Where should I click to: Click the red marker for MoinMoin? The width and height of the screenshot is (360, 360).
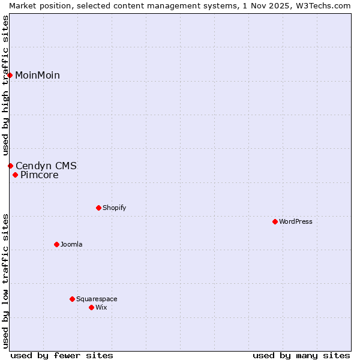tap(10, 75)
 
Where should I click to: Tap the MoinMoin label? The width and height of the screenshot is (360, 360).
tap(37, 76)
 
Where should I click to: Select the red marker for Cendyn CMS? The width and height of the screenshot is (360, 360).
tap(10, 166)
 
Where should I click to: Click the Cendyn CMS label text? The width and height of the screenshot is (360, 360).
tap(46, 166)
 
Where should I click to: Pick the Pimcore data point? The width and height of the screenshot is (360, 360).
tap(15, 175)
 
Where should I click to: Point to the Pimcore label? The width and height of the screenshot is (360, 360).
tap(39, 176)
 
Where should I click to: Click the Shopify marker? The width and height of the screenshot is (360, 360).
tap(98, 208)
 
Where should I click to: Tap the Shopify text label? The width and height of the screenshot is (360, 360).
tap(114, 208)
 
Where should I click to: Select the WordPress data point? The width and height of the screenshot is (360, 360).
tap(275, 221)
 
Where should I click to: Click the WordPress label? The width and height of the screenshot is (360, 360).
tap(295, 222)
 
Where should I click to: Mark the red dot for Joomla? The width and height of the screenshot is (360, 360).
tap(56, 244)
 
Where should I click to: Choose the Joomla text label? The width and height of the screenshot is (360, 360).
tap(71, 245)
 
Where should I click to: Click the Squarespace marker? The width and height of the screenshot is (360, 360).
tap(72, 299)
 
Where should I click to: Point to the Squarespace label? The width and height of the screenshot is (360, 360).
tap(97, 299)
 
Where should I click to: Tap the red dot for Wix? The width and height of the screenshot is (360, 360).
tap(91, 307)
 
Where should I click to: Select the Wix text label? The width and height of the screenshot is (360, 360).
tap(101, 308)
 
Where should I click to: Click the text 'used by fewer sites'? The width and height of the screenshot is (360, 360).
tap(62, 355)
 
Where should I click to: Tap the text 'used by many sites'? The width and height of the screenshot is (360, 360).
tap(301, 355)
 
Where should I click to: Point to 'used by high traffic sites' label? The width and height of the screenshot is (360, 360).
tap(5, 85)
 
